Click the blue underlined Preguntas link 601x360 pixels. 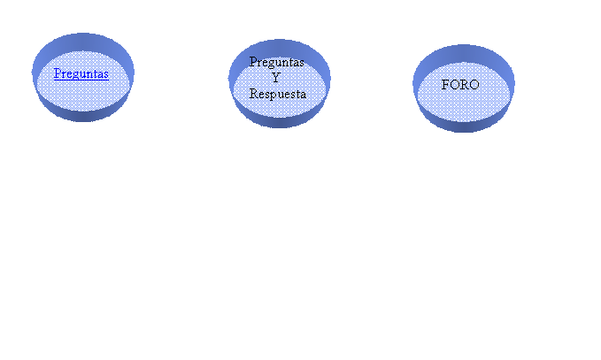pyautogui.click(x=81, y=74)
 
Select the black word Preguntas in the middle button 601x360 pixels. pyautogui.click(x=277, y=63)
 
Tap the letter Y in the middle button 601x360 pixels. pyautogui.click(x=276, y=78)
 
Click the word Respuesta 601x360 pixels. pyautogui.click(x=278, y=94)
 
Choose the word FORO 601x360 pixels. pyautogui.click(x=460, y=85)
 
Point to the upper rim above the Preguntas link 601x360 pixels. pyautogui.click(x=83, y=42)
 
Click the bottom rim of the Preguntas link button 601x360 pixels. pyautogui.click(x=83, y=116)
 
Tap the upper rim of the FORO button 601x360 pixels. pyautogui.click(x=464, y=53)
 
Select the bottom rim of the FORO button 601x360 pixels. pyautogui.click(x=464, y=126)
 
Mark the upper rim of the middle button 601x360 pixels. pyautogui.click(x=280, y=47)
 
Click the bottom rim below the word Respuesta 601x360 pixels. pyautogui.click(x=280, y=123)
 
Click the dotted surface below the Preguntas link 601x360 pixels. pyautogui.click(x=83, y=96)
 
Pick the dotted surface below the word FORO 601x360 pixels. pyautogui.click(x=464, y=106)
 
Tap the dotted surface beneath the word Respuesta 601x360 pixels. pyautogui.click(x=280, y=109)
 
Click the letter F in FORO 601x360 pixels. pyautogui.click(x=445, y=85)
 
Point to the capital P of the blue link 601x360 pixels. pyautogui.click(x=58, y=73)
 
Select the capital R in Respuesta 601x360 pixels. pyautogui.click(x=254, y=93)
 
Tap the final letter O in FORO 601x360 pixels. pyautogui.click(x=474, y=85)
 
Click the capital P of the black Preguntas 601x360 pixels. pyautogui.click(x=253, y=62)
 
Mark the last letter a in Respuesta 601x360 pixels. pyautogui.click(x=304, y=95)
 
